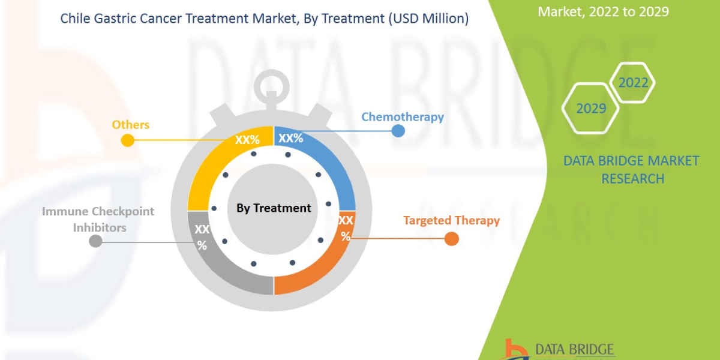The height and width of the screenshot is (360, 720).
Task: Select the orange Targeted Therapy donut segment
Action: [324, 264]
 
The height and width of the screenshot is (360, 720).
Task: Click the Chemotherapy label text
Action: [402, 116]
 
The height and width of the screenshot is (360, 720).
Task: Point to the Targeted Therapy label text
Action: [451, 220]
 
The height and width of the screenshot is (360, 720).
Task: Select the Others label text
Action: [130, 125]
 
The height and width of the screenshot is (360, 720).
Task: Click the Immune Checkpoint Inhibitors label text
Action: [98, 219]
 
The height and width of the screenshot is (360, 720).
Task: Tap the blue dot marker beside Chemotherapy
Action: [398, 130]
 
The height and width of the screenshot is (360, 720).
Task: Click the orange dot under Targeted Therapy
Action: [452, 239]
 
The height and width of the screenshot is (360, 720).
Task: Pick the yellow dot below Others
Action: [127, 140]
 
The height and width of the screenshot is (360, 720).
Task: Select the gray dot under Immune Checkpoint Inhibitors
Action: [95, 241]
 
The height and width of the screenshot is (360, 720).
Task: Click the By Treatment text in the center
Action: [274, 208]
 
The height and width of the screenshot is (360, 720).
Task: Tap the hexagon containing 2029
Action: [590, 109]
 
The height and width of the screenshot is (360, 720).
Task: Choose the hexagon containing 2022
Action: [632, 83]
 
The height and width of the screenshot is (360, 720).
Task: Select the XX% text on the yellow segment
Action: [247, 140]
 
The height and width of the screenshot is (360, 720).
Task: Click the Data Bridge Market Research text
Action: [632, 169]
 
